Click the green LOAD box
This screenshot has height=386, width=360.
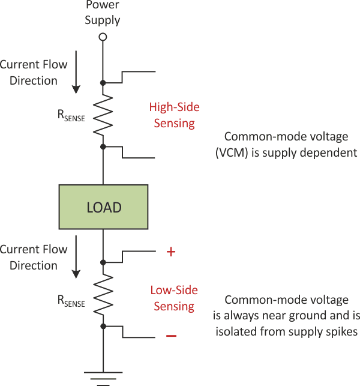[x=103, y=207]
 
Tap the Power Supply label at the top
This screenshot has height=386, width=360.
[x=103, y=13]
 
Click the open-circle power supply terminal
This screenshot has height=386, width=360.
[x=103, y=37]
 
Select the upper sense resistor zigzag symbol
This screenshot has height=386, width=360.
[x=103, y=114]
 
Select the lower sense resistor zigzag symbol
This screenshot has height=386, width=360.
[x=103, y=294]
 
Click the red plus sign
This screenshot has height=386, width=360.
[x=170, y=252]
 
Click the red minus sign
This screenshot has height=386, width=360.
[x=171, y=336]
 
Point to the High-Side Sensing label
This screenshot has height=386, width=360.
[x=174, y=115]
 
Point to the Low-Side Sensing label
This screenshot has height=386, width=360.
[x=174, y=298]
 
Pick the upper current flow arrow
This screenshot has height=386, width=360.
[x=76, y=77]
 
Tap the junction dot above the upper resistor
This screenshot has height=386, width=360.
[x=103, y=82]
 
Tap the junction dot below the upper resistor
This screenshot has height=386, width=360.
[x=103, y=146]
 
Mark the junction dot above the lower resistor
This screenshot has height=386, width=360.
[x=103, y=262]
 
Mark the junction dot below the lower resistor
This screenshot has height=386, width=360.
[x=103, y=326]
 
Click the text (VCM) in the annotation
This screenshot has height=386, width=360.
[x=230, y=152]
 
